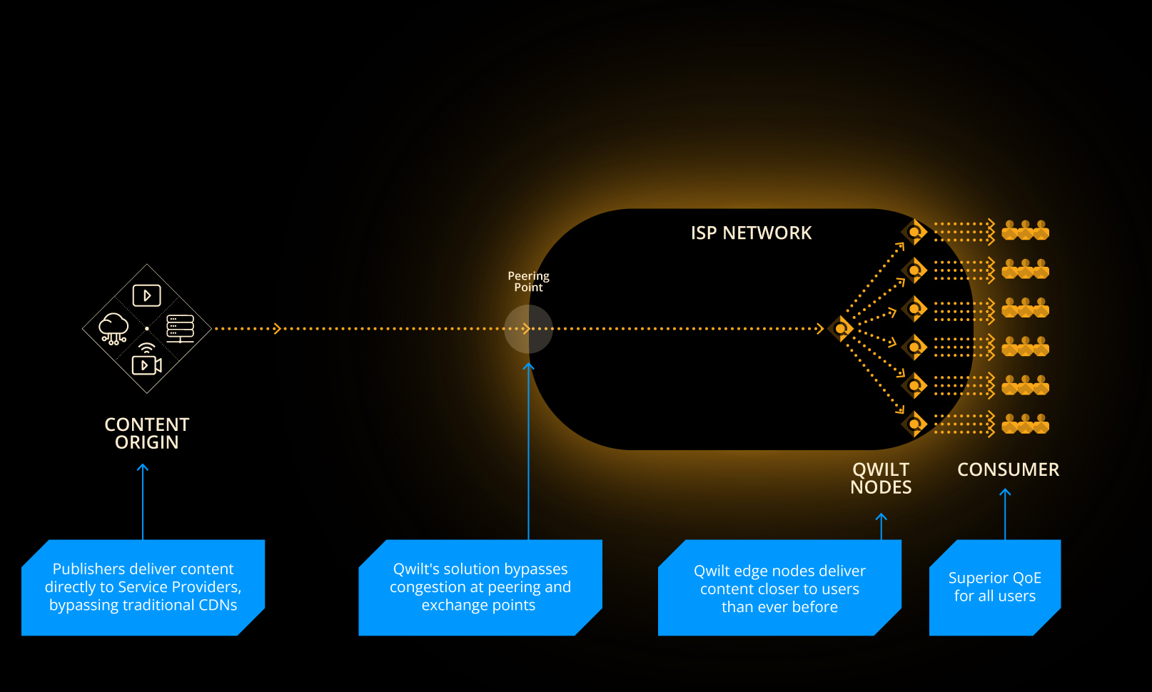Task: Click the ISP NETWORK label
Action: coord(751,233)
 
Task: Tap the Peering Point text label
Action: coord(528,282)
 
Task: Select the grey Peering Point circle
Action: coord(528,329)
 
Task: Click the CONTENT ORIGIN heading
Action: coord(147,433)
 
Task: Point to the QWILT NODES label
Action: coord(881,478)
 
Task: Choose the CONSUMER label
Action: coord(1008,469)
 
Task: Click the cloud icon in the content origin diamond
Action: coord(113,328)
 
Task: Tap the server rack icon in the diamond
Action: coord(180,328)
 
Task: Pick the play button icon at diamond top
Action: coord(147,295)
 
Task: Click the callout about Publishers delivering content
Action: coord(143,587)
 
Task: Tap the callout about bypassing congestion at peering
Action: coord(480,587)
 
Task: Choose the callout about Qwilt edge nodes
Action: coord(779,589)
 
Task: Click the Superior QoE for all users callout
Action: coord(995,587)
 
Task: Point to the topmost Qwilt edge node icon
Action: coord(914,232)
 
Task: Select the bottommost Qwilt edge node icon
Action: coord(914,424)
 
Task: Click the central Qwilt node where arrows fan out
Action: coord(842,329)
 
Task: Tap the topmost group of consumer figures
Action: coord(1025,230)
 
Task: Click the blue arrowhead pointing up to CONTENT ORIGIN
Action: coord(143,468)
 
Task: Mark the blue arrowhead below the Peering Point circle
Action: coord(528,367)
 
